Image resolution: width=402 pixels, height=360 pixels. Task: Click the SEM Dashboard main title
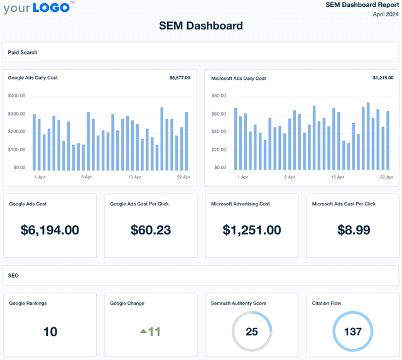tap(200, 26)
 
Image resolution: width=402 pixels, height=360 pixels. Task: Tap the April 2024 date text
tap(386, 14)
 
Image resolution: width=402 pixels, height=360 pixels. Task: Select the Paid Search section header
tap(22, 52)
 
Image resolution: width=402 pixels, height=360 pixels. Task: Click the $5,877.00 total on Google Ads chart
tap(180, 78)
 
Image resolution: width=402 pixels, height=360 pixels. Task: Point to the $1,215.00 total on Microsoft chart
tap(383, 78)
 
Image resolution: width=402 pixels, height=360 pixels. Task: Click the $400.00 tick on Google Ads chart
tap(17, 96)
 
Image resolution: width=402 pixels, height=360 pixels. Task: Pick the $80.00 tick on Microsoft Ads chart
tap(219, 96)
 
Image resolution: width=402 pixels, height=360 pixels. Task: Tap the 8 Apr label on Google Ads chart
tap(87, 177)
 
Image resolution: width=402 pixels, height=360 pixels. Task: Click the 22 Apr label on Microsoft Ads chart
tap(386, 177)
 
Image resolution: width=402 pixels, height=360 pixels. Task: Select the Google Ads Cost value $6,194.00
tap(50, 230)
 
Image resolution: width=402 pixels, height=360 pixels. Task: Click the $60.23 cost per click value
tap(151, 230)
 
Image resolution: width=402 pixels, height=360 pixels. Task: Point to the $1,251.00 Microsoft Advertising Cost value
tap(252, 230)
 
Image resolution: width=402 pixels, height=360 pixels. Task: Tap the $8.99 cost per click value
tap(354, 230)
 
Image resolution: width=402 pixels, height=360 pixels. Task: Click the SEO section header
tap(13, 275)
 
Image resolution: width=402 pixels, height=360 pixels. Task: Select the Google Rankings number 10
tap(50, 332)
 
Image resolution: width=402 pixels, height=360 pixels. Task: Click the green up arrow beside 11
tap(143, 330)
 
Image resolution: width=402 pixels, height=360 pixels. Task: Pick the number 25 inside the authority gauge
tap(252, 331)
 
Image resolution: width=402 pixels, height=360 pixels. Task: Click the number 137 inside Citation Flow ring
tap(353, 331)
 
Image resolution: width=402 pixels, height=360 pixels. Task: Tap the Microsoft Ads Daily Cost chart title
tap(238, 79)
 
